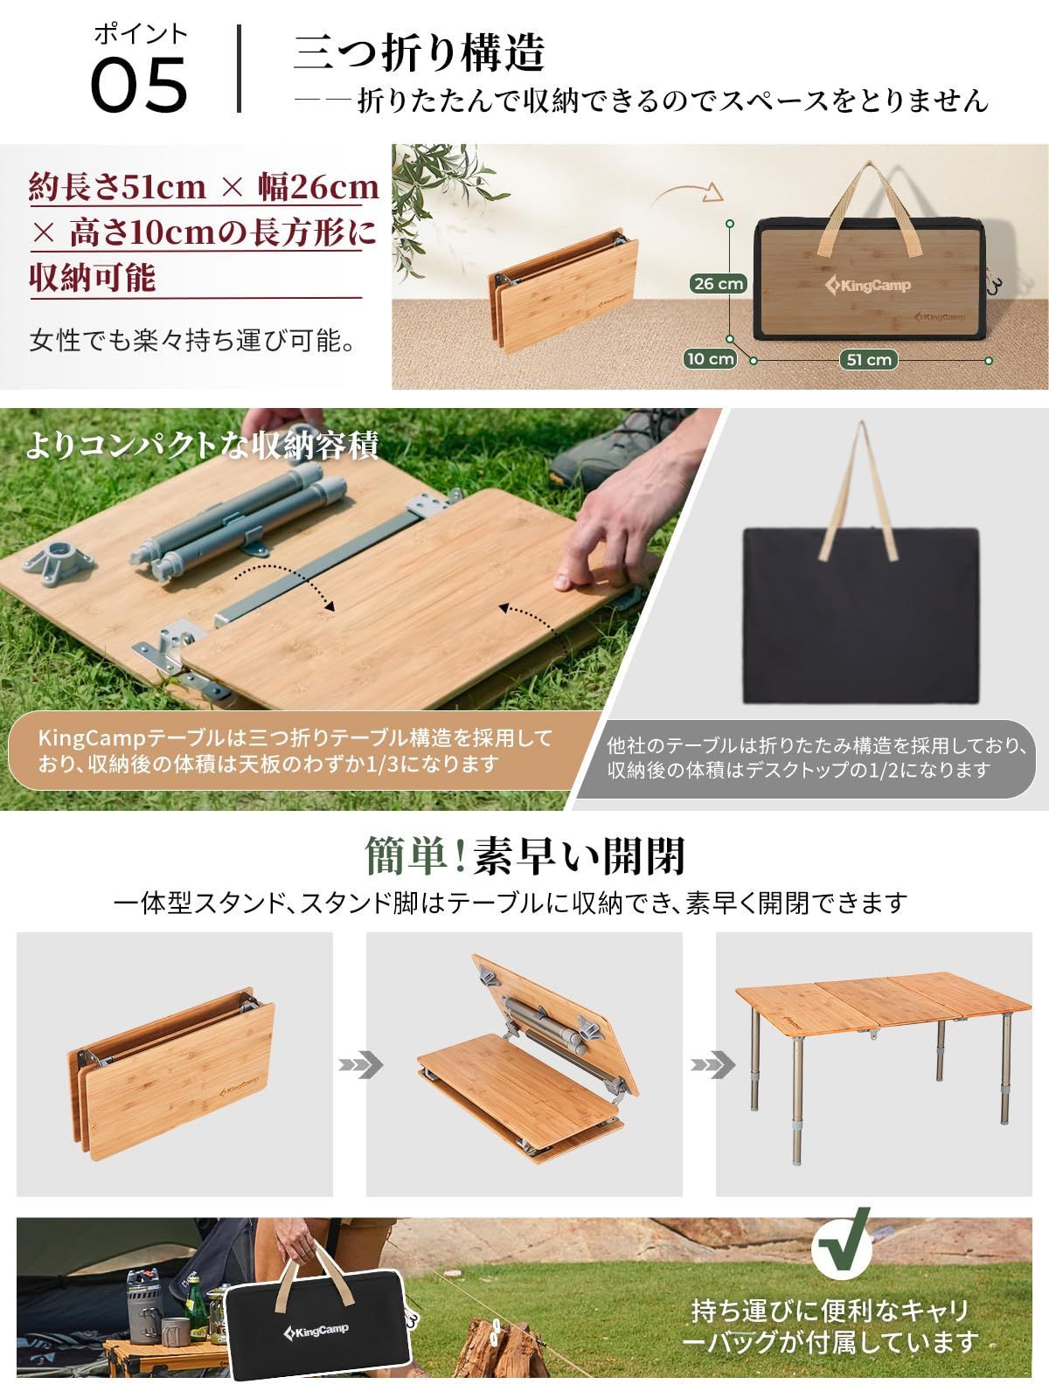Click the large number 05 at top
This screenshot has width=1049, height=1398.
coord(140,85)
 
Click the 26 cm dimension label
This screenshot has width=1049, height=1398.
coord(718,283)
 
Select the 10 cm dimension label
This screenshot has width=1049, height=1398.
coord(710,358)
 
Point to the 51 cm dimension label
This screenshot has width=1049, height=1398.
coord(867,359)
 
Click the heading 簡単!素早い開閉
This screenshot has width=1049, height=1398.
coord(524,855)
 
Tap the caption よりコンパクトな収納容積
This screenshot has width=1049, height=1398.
coord(202,446)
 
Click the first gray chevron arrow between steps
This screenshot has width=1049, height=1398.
coord(360,1065)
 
